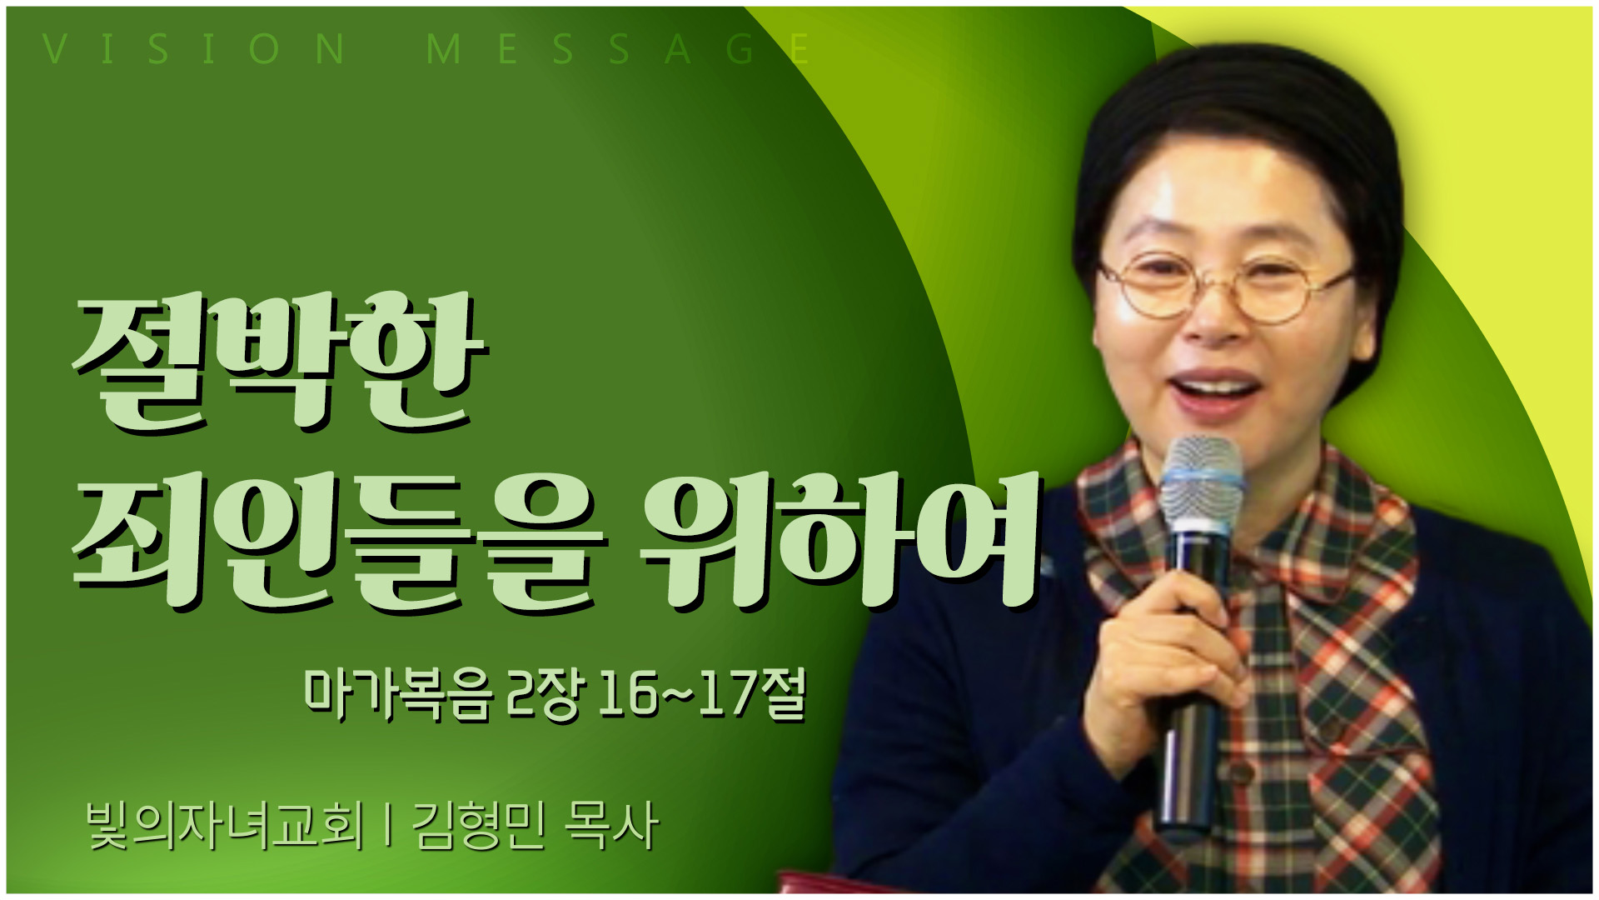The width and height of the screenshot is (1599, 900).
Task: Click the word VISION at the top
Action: tap(193, 48)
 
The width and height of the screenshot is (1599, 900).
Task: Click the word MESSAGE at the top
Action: tap(618, 48)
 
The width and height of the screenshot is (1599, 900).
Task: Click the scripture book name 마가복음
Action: tap(397, 693)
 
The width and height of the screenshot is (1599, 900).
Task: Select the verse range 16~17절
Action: tap(702, 693)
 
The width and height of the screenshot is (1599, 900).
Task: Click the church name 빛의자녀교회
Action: tap(225, 826)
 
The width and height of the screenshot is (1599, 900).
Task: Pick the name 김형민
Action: tap(479, 826)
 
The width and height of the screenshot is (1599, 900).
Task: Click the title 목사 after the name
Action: tap(611, 826)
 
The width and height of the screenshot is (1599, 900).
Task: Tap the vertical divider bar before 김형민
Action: tap(388, 826)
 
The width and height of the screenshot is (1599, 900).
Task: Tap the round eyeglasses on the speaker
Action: tap(1224, 287)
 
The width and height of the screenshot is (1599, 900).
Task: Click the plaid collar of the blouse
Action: tap(1249, 533)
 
